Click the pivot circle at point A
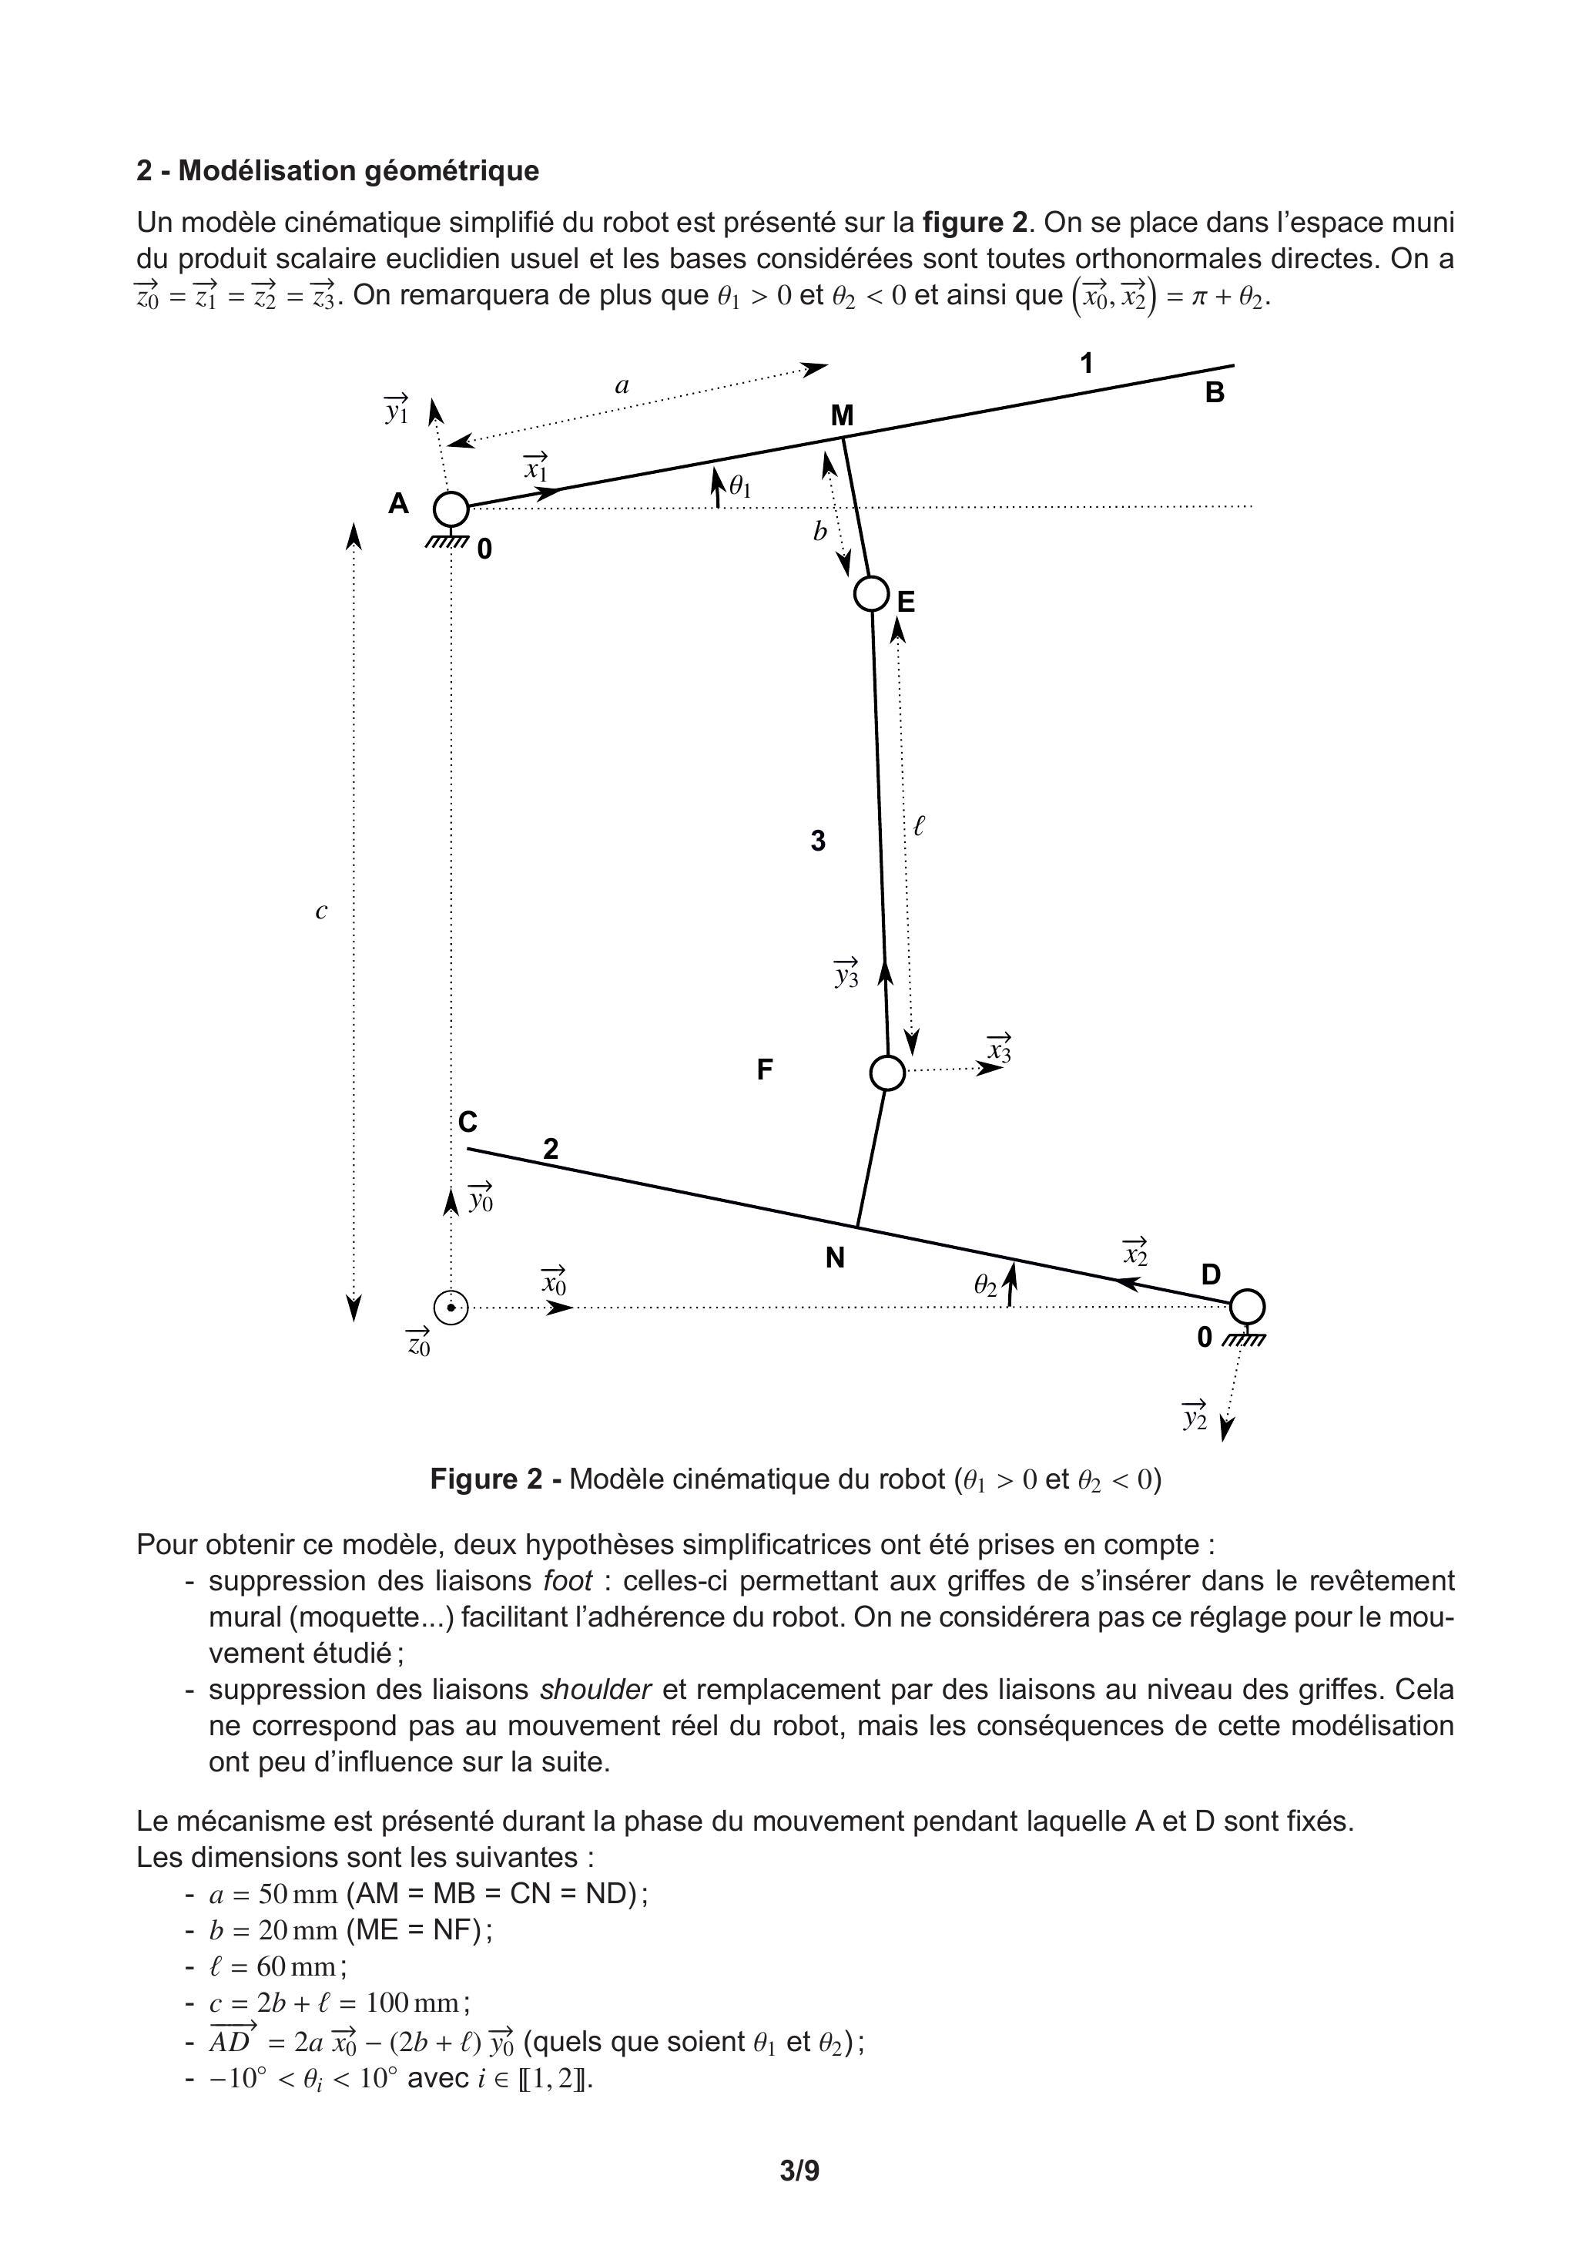451,509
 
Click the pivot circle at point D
1247,1306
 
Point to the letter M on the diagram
842,417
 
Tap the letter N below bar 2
835,1258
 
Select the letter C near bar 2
468,1123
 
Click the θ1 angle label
741,485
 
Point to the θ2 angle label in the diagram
986,1285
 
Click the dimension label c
320,912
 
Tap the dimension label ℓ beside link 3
918,826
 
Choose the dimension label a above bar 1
622,385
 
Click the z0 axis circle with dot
451,1307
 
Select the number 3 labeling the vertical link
818,841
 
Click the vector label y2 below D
1195,1417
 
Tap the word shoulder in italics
595,1690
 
